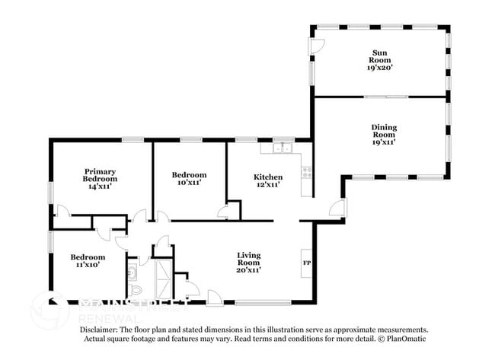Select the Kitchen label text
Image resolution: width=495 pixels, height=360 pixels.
click(x=267, y=177)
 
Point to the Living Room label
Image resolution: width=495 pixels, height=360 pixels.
click(x=249, y=258)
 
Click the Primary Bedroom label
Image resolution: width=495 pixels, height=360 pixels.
click(x=99, y=174)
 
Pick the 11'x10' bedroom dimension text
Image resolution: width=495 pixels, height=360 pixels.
click(x=88, y=266)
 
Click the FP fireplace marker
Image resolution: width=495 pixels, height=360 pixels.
click(x=307, y=263)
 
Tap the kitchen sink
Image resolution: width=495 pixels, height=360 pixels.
click(x=283, y=148)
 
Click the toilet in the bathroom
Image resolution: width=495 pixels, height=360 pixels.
click(x=136, y=290)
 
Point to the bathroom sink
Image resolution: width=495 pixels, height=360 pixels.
click(x=133, y=272)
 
